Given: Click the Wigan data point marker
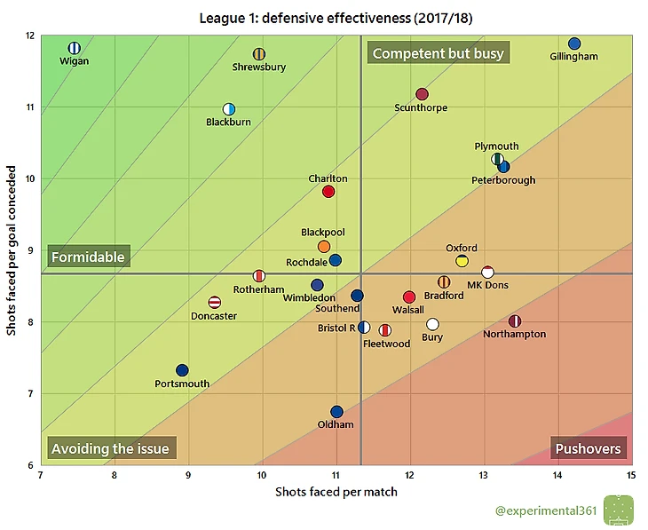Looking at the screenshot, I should [x=75, y=48].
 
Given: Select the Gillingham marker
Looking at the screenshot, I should [x=574, y=44].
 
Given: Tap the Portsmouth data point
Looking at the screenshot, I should [x=182, y=370].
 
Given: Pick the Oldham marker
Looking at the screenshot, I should [x=336, y=412].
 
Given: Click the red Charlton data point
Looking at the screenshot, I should [x=328, y=192].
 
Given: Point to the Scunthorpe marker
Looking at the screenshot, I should [x=422, y=94].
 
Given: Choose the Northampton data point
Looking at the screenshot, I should [x=515, y=320].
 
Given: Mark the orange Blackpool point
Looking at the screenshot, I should [x=324, y=246].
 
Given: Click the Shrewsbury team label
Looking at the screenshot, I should [x=258, y=67].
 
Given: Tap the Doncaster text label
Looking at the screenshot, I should [x=214, y=316].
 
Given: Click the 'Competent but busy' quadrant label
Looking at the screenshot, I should [x=438, y=53].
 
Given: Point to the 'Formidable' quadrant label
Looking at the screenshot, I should [x=88, y=257].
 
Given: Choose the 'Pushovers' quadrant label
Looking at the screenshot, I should [x=588, y=448].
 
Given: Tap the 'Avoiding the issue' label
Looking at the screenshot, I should [x=110, y=448].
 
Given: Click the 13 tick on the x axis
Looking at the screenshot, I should [x=484, y=476].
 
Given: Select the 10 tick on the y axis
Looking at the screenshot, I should [x=29, y=178].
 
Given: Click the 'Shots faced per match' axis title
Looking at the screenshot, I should [x=336, y=492].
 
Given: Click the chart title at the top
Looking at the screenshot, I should [x=335, y=18].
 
